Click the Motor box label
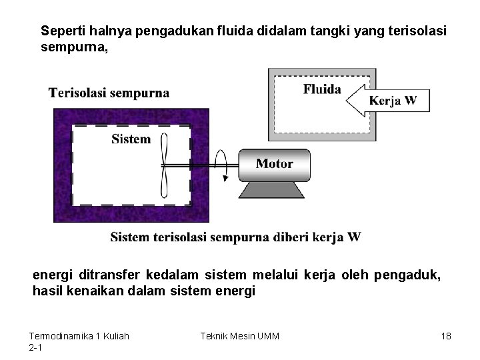click(274, 163)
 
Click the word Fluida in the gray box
click(322, 89)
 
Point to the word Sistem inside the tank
click(131, 139)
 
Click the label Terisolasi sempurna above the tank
click(109, 93)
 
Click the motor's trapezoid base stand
click(272, 190)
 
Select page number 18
click(446, 336)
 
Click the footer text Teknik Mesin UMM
click(239, 336)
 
